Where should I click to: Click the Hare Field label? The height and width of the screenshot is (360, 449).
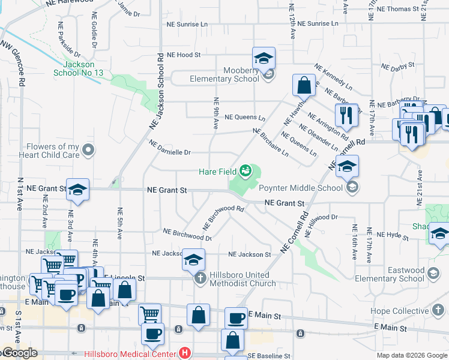[217, 172]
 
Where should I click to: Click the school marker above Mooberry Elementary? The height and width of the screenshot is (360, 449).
[264, 59]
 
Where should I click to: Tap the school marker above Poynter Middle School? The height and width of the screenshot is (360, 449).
[347, 167]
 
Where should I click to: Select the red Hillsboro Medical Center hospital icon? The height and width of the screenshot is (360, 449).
[185, 353]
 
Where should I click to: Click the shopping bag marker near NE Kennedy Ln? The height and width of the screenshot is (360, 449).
[304, 86]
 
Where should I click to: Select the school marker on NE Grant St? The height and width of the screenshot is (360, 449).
[77, 190]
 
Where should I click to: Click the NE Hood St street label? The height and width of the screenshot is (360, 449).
[183, 55]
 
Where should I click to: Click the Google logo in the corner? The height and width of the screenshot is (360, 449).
[19, 353]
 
